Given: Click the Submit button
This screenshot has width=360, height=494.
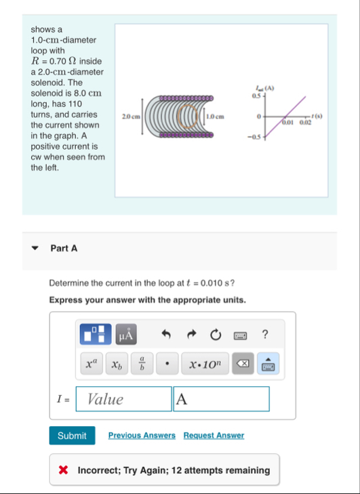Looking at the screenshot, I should click(72, 436).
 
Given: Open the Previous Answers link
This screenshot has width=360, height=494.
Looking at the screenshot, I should click(142, 436).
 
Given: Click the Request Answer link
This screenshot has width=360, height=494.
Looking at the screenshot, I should click(214, 436).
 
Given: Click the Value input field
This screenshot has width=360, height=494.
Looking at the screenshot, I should click(123, 399).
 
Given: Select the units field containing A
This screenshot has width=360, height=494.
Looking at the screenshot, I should click(221, 399).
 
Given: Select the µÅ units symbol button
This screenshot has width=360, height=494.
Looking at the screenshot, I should click(125, 334).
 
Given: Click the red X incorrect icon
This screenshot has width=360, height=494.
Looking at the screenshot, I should click(63, 470).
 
